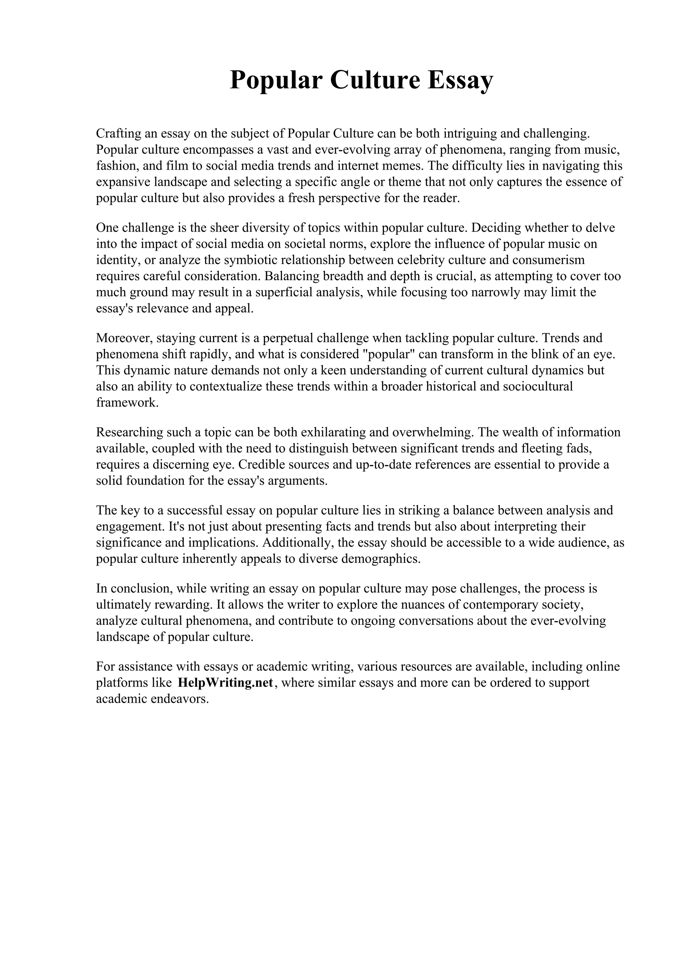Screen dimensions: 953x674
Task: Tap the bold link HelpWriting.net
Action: coord(225,683)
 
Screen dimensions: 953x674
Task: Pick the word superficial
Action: coord(284,293)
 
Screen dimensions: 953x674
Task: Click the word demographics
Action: coord(381,559)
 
